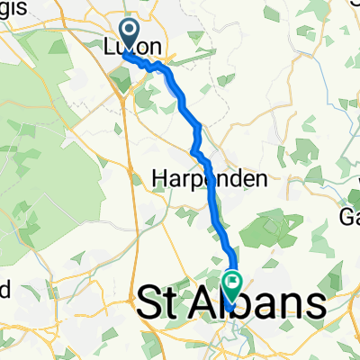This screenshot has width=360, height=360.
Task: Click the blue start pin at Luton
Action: (128, 35)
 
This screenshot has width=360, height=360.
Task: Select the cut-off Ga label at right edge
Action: (349, 217)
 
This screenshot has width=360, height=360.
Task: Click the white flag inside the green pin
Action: (232, 281)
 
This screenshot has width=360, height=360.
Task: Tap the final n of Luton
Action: (157, 45)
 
